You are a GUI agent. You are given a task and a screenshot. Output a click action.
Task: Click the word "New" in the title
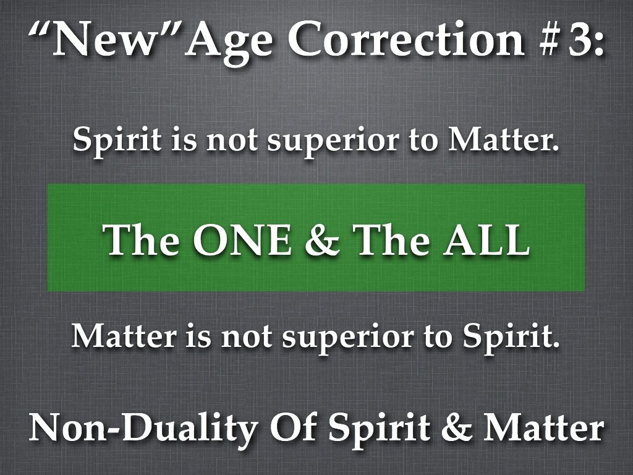click(x=104, y=38)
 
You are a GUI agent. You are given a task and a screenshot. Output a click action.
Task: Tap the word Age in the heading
click(x=229, y=43)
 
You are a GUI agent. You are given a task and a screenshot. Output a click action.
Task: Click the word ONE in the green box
click(x=242, y=239)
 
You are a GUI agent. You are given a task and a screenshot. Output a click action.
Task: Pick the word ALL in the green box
click(x=486, y=239)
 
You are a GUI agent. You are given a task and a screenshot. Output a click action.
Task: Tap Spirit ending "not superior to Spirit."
click(x=511, y=337)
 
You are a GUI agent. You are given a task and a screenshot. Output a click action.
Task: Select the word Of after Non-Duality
click(x=294, y=427)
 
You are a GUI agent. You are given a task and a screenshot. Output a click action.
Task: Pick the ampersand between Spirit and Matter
click(x=457, y=428)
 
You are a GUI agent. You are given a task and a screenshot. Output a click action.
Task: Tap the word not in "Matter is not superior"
click(x=246, y=338)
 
